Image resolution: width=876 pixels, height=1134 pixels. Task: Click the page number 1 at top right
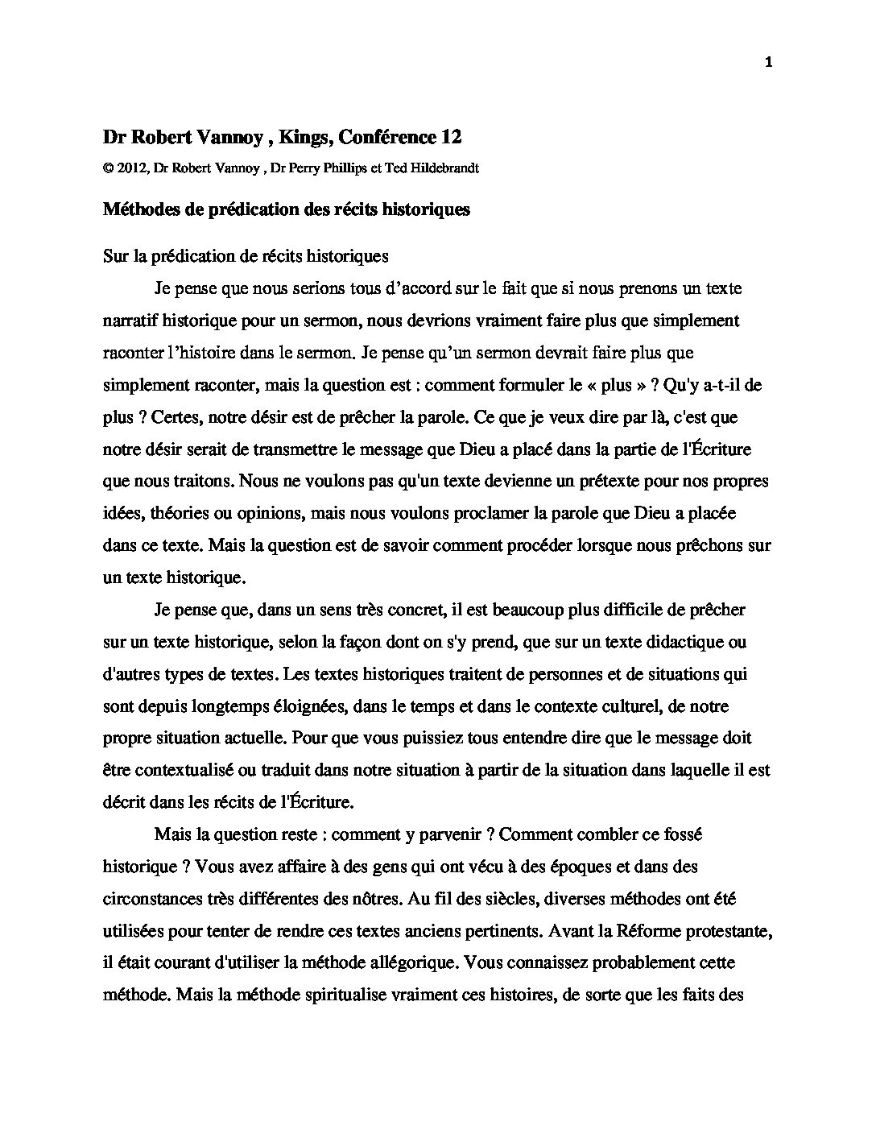(x=769, y=64)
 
